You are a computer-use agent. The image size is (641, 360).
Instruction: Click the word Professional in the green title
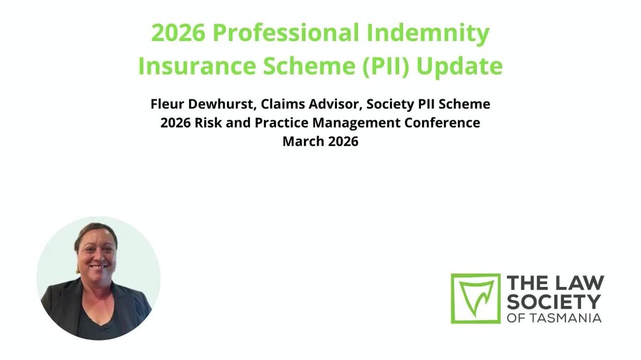pos(286,34)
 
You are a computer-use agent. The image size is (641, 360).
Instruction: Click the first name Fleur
pos(167,104)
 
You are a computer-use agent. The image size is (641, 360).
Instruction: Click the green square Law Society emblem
pos(475,298)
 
